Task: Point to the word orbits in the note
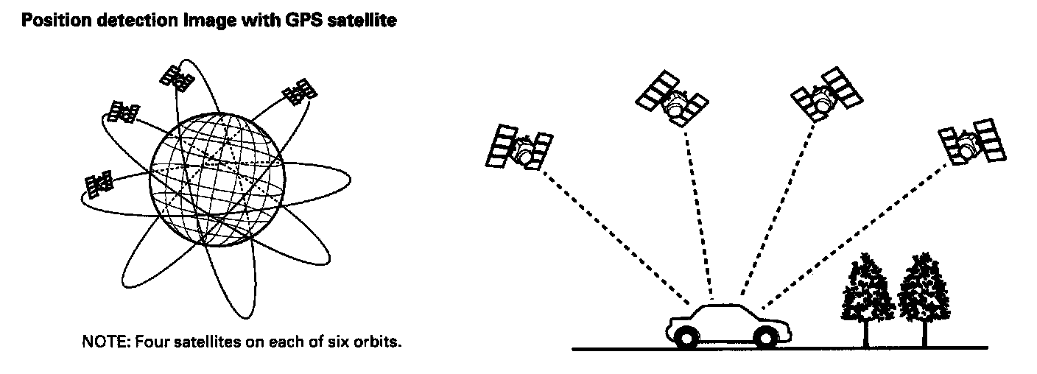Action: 382,342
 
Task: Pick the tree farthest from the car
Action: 924,291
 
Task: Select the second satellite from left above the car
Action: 672,100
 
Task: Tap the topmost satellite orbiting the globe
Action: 176,78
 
